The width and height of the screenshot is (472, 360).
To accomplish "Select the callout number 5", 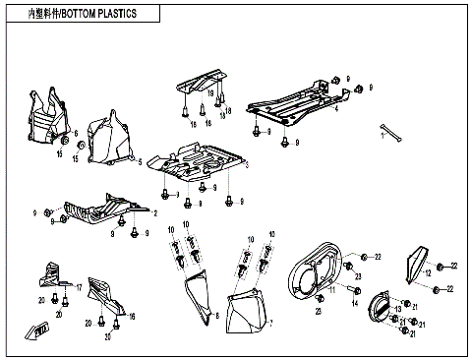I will (x=140, y=160).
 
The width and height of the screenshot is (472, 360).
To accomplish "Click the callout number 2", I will (x=153, y=211).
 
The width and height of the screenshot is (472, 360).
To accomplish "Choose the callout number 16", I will (x=132, y=316).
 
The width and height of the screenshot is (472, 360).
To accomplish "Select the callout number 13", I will (x=398, y=310).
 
